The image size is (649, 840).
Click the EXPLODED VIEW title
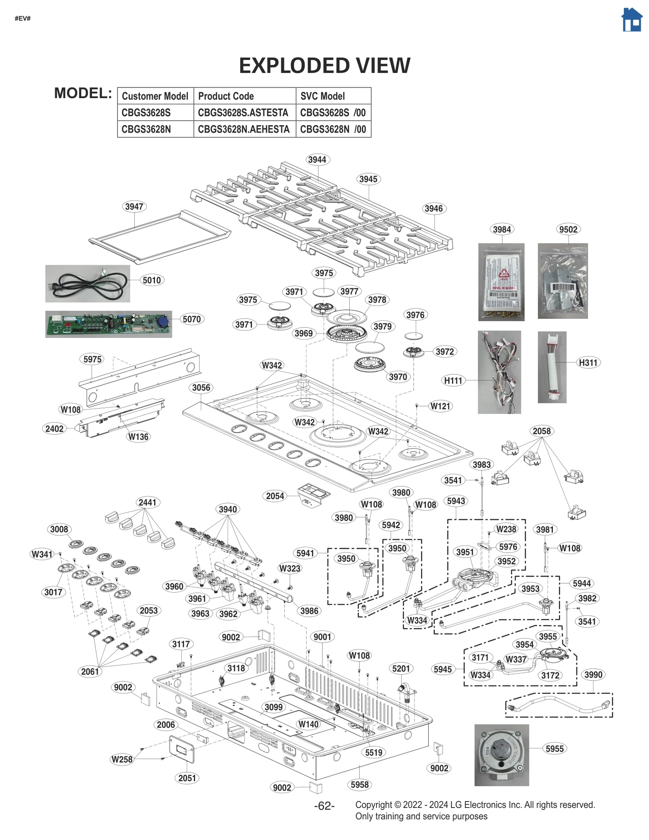[x=324, y=65]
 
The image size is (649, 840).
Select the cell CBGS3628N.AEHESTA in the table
[x=244, y=129]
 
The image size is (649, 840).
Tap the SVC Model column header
[x=322, y=96]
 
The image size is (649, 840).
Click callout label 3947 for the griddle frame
[x=134, y=206]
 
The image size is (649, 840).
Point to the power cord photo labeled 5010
[x=88, y=284]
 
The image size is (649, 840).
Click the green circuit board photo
[x=108, y=324]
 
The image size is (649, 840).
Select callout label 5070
[x=191, y=319]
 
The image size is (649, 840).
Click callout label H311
[x=588, y=363]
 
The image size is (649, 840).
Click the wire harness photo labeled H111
[x=499, y=372]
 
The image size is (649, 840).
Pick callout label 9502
[x=568, y=229]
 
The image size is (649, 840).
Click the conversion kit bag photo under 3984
[x=501, y=282]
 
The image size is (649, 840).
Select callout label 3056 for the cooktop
[x=201, y=387]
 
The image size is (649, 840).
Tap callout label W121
[x=440, y=406]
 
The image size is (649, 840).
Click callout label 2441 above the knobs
[x=147, y=502]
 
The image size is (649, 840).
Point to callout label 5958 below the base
[x=359, y=784]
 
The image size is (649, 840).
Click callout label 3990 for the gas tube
[x=593, y=675]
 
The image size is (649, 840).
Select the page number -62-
[x=324, y=806]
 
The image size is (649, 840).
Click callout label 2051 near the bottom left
[x=187, y=778]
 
